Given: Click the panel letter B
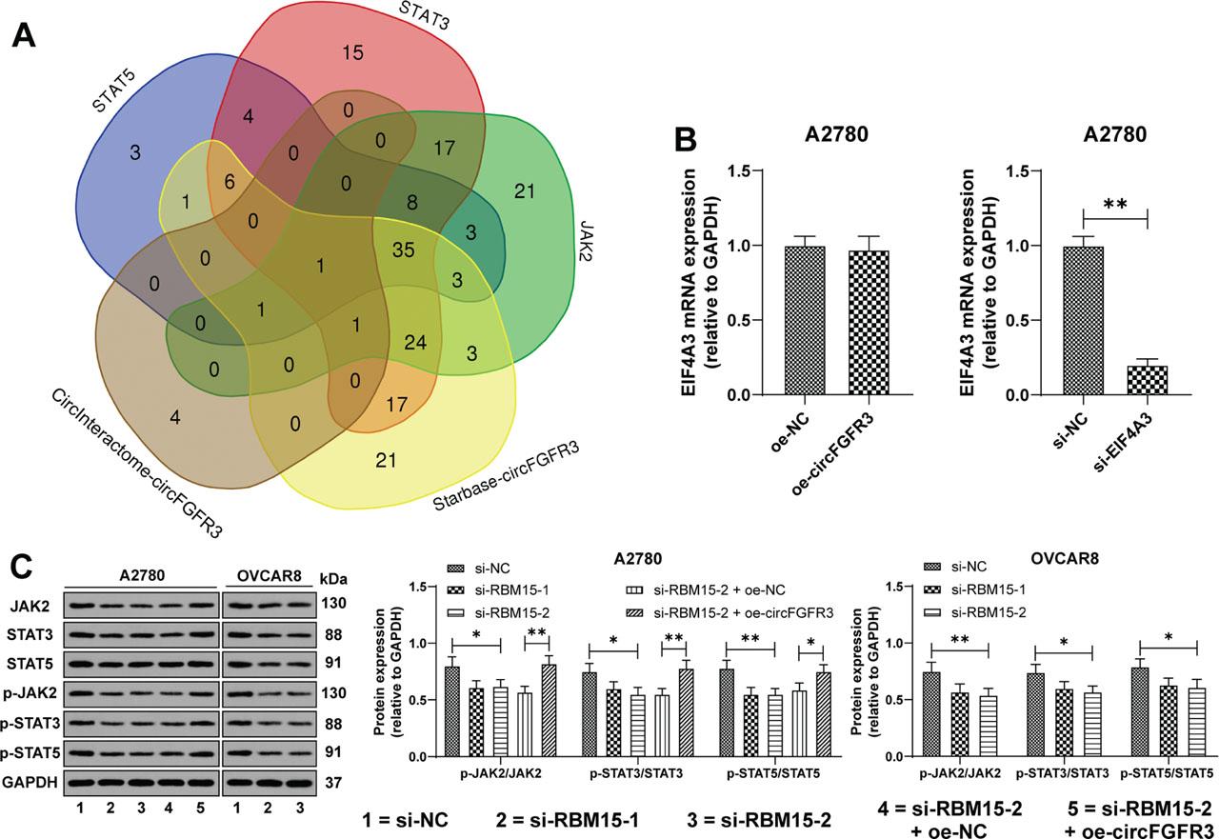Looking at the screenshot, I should tap(689, 140).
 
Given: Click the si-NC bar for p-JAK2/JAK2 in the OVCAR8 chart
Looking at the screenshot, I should tap(933, 714).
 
